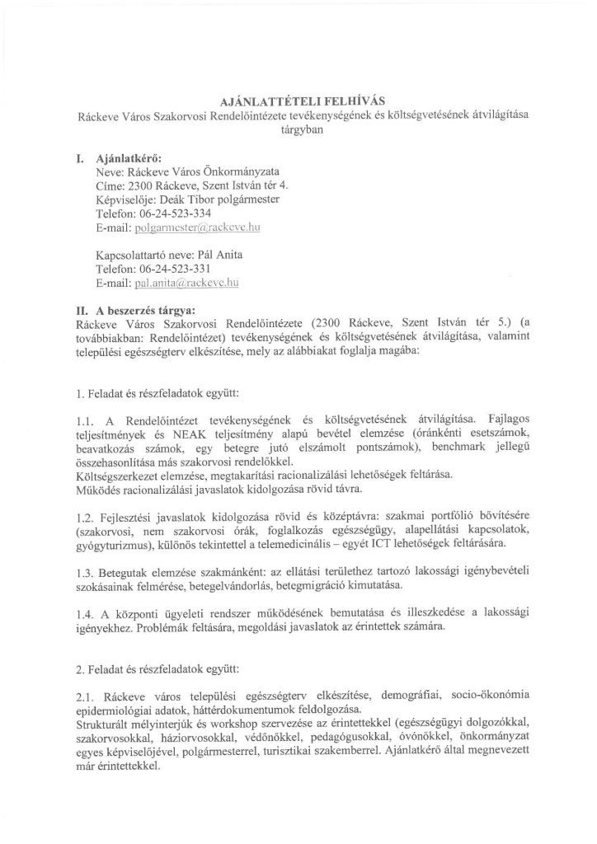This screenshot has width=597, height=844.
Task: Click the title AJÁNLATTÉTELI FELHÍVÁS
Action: pos(298,101)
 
